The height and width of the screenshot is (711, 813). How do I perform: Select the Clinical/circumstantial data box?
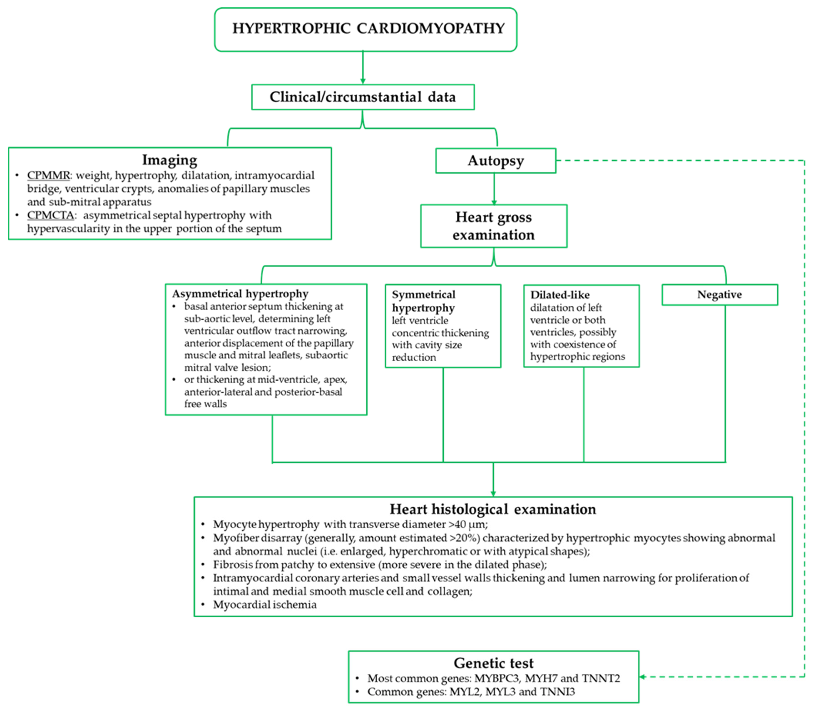[363, 97]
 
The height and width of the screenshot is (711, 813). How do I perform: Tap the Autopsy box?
[495, 161]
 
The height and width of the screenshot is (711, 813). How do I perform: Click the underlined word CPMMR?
[48, 175]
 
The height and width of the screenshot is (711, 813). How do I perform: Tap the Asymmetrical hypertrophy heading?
[240, 294]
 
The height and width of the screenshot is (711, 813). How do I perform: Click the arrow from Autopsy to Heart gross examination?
[494, 188]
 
